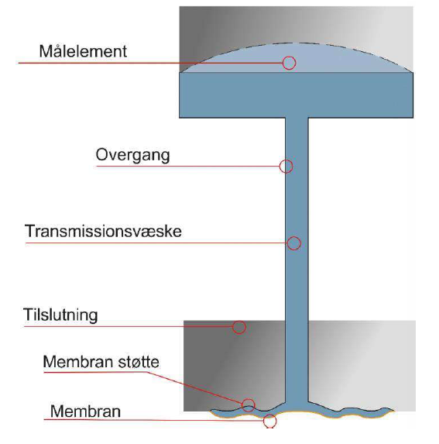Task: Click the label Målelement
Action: coord(83,51)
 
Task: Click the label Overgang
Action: coord(132,156)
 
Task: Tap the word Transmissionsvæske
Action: coord(103,231)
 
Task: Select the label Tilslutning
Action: coord(60,315)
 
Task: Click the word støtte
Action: coord(139,362)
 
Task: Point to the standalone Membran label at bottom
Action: coord(85,411)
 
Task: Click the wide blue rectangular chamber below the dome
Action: coord(297,95)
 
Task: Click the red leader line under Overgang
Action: coord(188,167)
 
